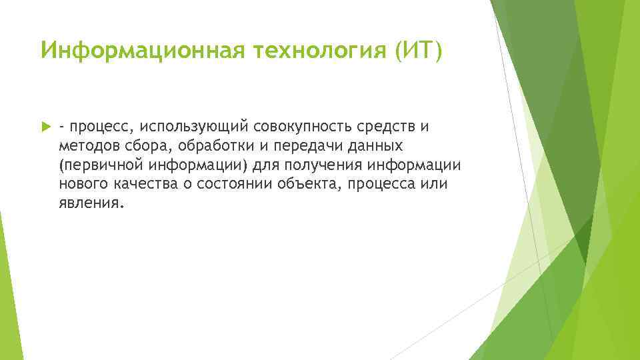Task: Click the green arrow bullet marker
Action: point(45,127)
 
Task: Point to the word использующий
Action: point(185,127)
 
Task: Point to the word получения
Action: point(320,165)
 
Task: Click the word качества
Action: point(144,184)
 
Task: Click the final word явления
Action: point(90,203)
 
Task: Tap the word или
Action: point(436,184)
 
